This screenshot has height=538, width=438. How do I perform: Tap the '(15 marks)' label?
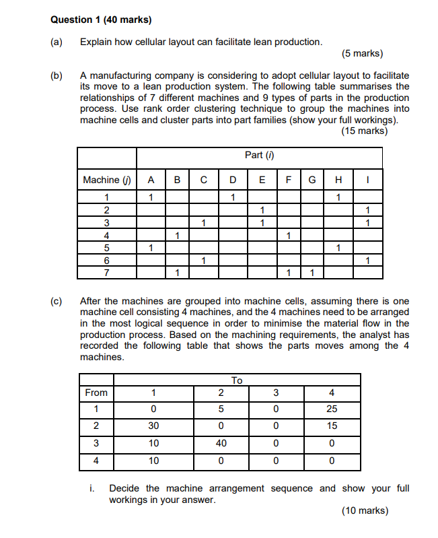364,131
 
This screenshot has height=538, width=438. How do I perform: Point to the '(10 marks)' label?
364,511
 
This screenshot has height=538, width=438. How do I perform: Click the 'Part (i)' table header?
259,156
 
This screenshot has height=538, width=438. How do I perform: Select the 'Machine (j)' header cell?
106,180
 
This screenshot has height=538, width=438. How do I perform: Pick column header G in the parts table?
312,180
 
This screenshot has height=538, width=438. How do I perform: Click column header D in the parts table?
232,180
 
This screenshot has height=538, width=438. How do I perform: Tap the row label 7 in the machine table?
106,273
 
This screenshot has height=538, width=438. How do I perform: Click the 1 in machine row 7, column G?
312,273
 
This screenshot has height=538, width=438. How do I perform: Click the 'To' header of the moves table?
236,380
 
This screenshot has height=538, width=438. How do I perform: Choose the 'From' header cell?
96,393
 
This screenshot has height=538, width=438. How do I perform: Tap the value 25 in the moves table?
332,409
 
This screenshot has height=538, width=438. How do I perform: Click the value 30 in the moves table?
153,426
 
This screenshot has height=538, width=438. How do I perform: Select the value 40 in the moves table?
221,444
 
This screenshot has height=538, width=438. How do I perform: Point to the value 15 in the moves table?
332,426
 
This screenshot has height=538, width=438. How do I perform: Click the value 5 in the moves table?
221,409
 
